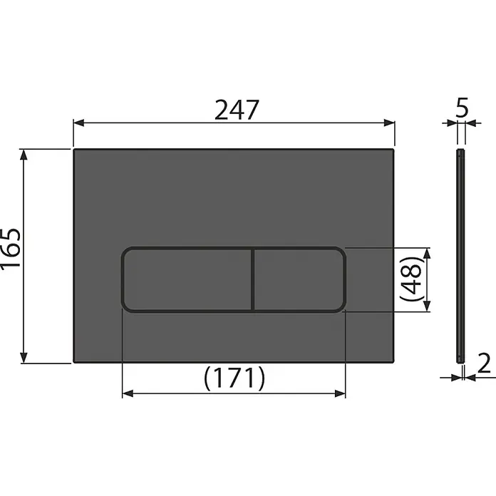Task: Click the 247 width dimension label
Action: click(x=237, y=110)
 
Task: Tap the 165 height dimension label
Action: click(x=11, y=249)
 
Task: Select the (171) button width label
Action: click(x=234, y=378)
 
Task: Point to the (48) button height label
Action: click(x=411, y=279)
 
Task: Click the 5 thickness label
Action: click(x=462, y=108)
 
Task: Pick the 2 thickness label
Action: click(x=484, y=363)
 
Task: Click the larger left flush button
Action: click(x=188, y=279)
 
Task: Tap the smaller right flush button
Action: click(x=299, y=279)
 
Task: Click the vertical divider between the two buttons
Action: click(x=253, y=279)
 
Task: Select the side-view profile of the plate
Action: click(x=460, y=256)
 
